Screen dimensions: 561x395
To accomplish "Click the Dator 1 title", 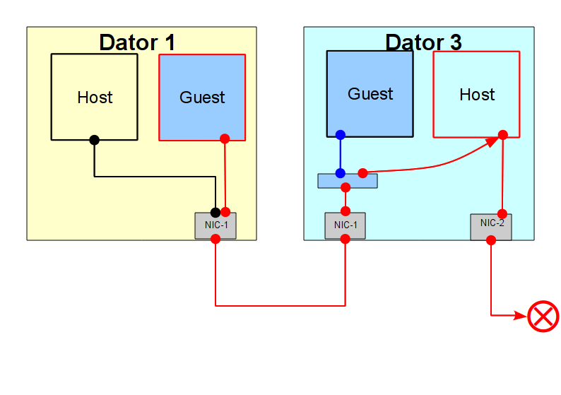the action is [137, 42].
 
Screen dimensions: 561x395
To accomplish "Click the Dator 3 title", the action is [424, 42].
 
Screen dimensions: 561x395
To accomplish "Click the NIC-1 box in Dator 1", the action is [215, 226].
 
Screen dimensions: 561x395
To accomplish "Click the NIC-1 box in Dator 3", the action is [346, 226].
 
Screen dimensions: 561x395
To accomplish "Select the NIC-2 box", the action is [491, 227].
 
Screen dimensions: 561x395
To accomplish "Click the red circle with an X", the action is [543, 317].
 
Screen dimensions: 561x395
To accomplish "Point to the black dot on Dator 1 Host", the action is [95, 140].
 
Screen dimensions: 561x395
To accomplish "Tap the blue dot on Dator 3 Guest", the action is [341, 135].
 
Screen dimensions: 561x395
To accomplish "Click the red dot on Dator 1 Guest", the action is [225, 138].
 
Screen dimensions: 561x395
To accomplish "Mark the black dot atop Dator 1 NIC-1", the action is [215, 213].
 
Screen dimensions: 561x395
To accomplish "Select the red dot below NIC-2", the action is [491, 240].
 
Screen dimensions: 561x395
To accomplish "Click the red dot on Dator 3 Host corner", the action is [503, 135].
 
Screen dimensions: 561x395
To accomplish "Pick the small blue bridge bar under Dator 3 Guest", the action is [348, 181].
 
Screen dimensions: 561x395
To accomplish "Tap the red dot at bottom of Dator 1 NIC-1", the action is [215, 239].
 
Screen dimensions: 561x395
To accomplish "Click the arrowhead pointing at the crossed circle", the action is [521, 315].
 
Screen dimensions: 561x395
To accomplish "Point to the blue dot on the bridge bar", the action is [341, 173].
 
